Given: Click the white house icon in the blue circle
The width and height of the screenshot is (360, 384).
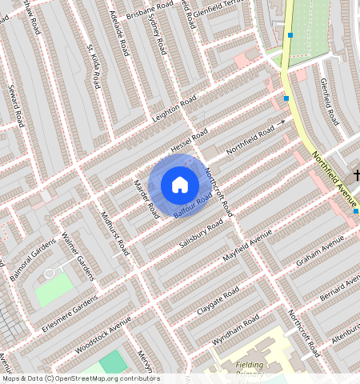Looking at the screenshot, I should pyautogui.click(x=180, y=185).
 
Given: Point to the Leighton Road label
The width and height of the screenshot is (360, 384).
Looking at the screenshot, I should pyautogui.click(x=174, y=111).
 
